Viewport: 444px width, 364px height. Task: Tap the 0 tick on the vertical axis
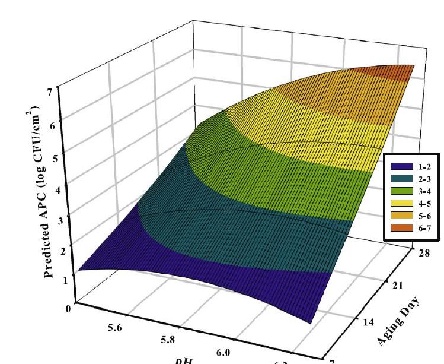point(69,308)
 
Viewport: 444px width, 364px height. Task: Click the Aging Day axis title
point(399,320)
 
